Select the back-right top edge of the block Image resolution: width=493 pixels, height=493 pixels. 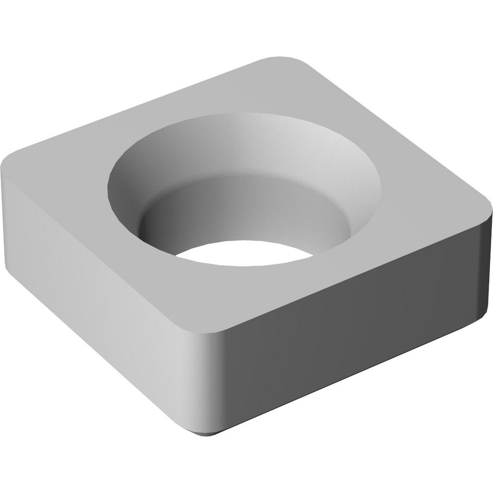(x=394, y=128)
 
